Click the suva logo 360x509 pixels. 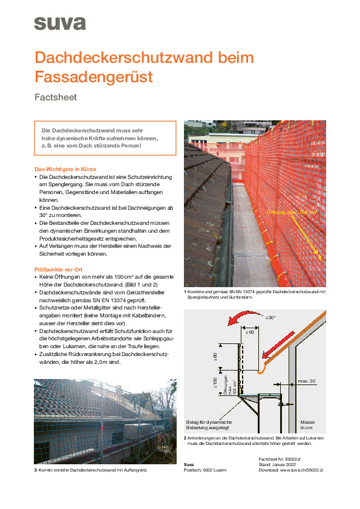pos(59,24)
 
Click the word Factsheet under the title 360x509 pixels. pos(56,97)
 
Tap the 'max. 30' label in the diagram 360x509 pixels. pos(307,381)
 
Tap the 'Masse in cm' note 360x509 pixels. pos(308,425)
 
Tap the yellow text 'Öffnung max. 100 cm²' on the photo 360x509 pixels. pos(292,212)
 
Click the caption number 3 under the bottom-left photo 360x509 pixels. pos(35,470)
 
